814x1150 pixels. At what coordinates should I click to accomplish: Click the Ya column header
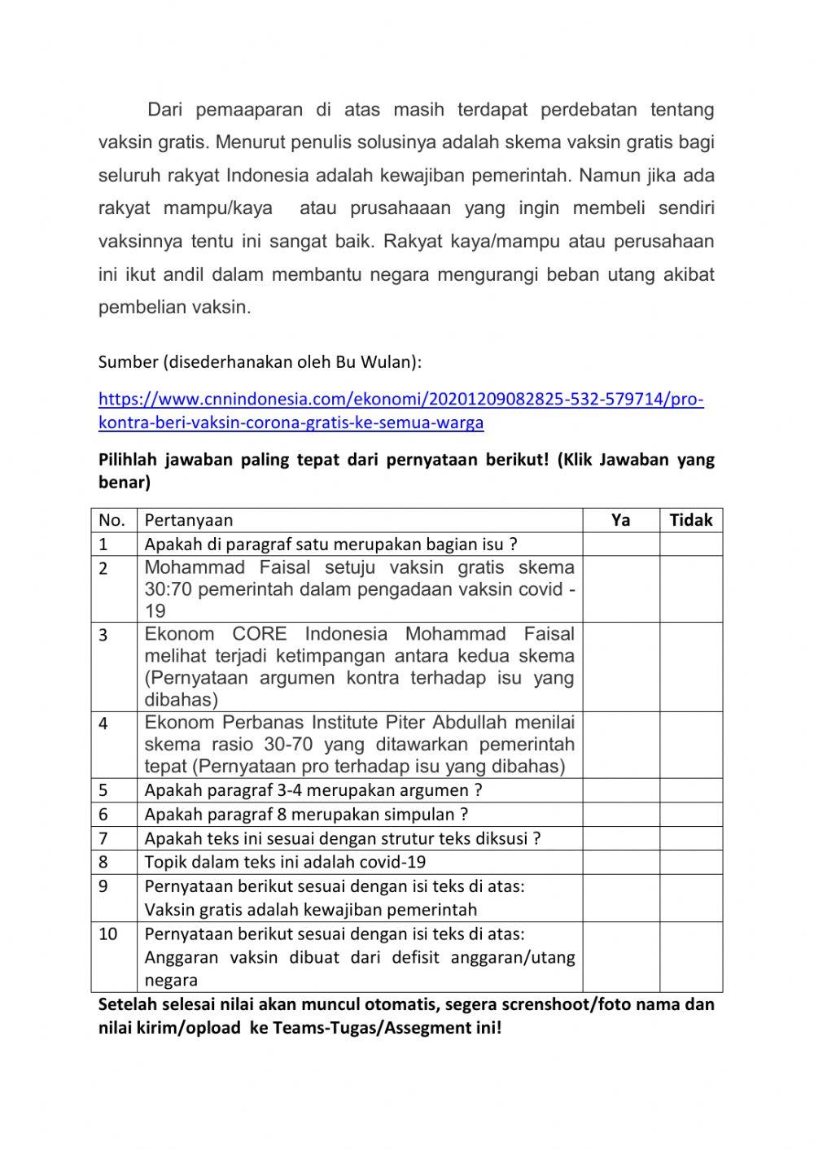620,520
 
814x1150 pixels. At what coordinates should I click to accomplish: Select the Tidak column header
690,520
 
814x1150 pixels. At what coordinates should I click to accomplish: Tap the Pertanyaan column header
189,520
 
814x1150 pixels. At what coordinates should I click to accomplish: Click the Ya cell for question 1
620,544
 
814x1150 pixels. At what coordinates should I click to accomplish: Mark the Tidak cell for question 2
690,589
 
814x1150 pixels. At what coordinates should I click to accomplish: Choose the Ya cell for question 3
620,667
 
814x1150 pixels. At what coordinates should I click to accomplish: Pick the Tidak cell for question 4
690,745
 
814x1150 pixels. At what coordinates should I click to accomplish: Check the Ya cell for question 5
620,790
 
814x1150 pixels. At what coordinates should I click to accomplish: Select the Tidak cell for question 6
690,815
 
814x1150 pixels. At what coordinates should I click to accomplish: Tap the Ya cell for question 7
620,838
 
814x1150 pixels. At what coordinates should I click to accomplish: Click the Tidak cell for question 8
690,862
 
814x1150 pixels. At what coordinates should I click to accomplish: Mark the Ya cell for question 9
620,898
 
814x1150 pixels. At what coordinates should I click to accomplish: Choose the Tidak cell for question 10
690,957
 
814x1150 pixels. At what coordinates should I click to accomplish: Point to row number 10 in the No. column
108,934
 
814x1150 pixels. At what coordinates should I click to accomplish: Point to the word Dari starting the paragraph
166,110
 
